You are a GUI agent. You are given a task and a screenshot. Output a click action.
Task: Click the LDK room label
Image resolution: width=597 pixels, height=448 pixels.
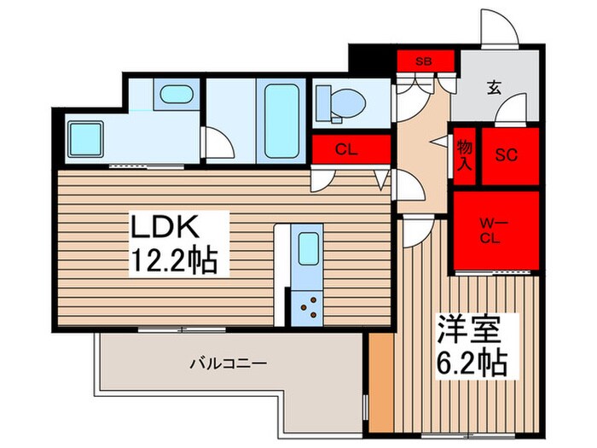coord(165,228)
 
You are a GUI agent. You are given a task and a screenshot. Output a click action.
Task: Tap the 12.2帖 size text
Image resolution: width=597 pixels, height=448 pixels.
coord(176,259)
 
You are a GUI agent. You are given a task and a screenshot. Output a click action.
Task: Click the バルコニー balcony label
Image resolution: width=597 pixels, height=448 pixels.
coord(228,363)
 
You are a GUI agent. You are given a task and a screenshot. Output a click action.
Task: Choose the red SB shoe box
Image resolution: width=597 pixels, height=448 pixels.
coord(422,61)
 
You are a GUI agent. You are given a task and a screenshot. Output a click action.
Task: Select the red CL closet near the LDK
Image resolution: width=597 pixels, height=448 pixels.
coord(345,150)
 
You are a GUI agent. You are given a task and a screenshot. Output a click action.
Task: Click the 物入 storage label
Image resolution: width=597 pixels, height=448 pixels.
coord(465,156)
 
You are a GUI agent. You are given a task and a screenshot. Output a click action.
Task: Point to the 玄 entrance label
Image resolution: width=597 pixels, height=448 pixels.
coord(494,86)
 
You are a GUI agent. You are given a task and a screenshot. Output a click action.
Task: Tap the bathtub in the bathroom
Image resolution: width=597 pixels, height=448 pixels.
coord(281,119)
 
